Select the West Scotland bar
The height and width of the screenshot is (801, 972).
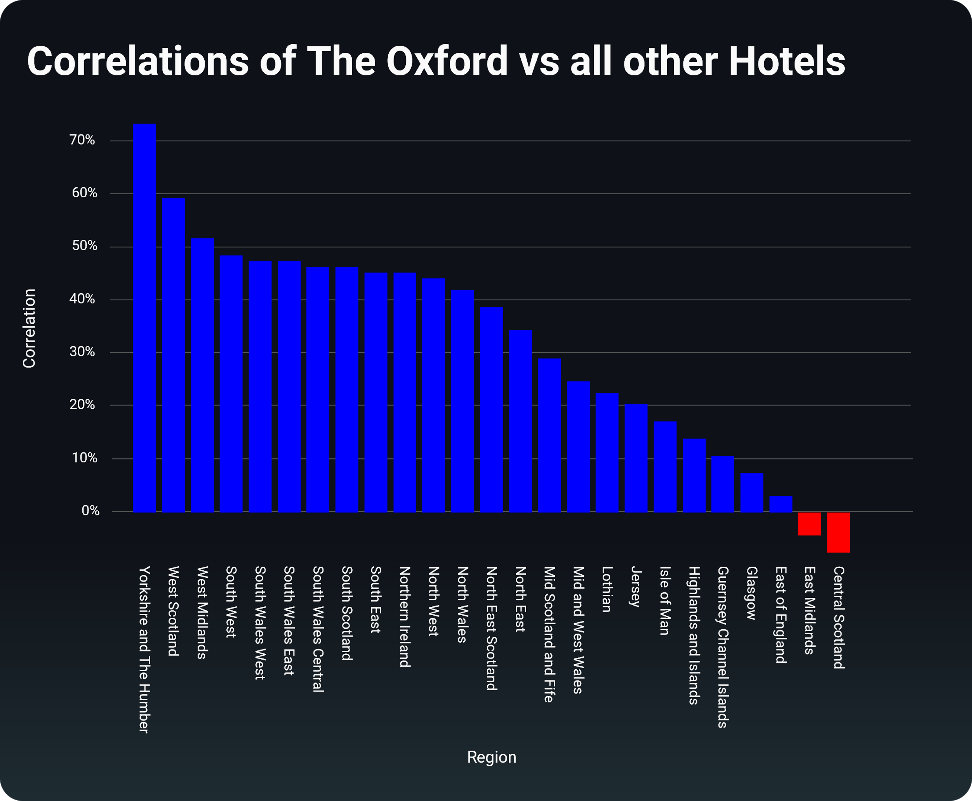pos(174,355)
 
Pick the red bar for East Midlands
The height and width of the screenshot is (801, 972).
pos(809,524)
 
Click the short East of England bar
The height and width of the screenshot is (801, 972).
pos(781,504)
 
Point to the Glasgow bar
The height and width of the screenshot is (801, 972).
pos(751,492)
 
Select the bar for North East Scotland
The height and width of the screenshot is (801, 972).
pos(491,409)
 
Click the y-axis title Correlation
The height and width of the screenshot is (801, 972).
pos(29,328)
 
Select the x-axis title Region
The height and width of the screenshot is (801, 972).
pos(491,757)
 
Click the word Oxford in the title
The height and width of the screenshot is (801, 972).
pos(447,61)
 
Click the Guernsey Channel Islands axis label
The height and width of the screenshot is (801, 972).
pos(722,647)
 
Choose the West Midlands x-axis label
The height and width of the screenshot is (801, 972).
pos(202,612)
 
